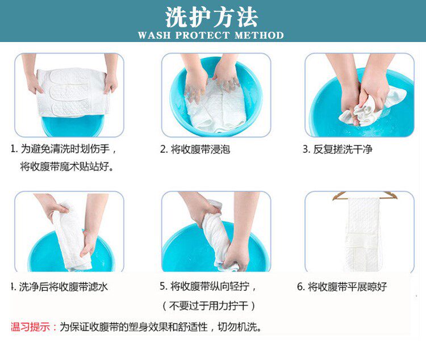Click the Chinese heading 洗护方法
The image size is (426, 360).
click(211, 17)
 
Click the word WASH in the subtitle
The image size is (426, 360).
click(154, 35)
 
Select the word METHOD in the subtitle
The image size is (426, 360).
click(259, 35)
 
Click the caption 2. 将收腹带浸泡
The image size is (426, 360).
click(195, 149)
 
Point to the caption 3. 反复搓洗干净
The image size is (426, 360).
click(337, 149)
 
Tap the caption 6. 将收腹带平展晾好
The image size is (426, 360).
click(342, 287)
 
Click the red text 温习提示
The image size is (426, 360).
click(31, 326)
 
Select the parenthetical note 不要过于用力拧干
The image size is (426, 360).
click(208, 306)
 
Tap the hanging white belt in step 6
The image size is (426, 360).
click(363, 234)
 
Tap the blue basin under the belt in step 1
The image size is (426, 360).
click(73, 125)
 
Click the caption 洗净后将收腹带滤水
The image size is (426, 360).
click(63, 287)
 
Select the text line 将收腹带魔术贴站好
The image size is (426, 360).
click(67, 166)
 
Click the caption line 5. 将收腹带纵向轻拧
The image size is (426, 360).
click(208, 286)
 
